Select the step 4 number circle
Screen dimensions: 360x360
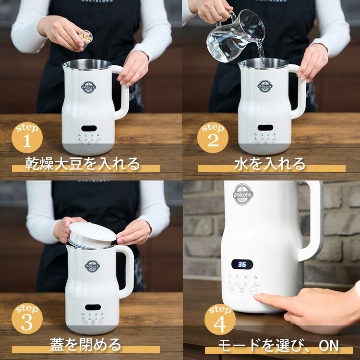220,319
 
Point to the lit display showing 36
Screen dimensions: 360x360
242,264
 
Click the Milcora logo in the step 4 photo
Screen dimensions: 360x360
243,194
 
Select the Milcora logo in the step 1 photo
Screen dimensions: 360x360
88,87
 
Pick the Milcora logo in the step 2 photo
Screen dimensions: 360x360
264,86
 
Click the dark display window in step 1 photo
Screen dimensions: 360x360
88,128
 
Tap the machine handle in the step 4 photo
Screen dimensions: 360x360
312,221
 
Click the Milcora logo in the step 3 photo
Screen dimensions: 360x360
92,265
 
